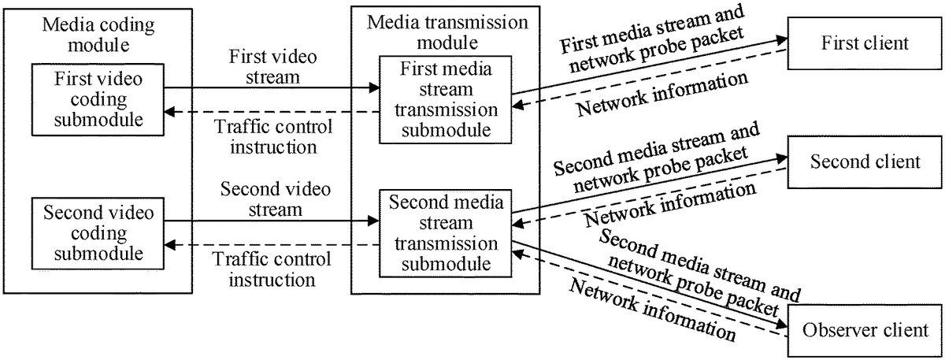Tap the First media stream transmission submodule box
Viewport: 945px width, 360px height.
[x=446, y=100]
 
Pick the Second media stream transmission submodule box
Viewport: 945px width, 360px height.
[x=446, y=233]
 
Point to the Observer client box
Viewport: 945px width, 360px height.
[x=865, y=330]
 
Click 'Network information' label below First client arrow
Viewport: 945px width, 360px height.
[x=661, y=95]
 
